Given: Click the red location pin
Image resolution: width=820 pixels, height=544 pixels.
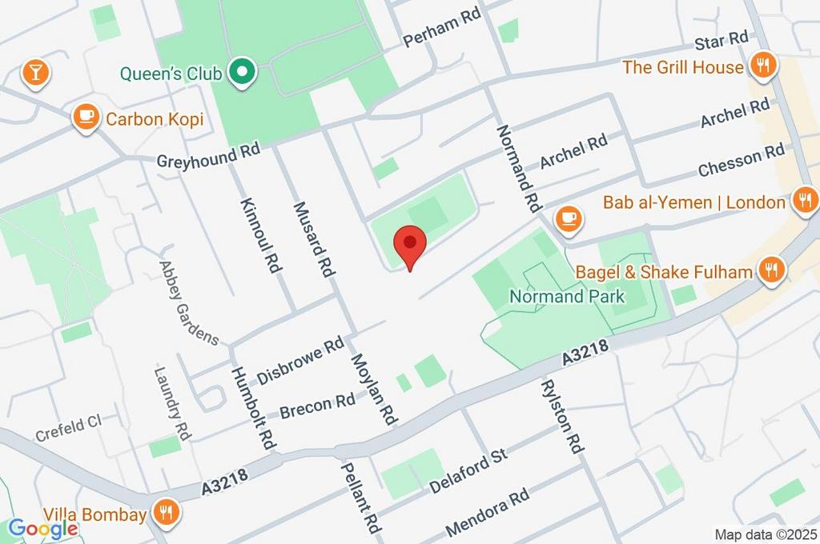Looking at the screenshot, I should [411, 245].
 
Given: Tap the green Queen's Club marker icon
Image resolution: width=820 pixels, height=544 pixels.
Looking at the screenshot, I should [240, 74].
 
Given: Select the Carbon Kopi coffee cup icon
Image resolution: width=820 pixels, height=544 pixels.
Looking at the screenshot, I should [85, 118].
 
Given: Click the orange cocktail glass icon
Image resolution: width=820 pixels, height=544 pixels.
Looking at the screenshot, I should [35, 72].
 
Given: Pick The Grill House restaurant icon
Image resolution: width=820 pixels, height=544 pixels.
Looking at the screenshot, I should [764, 66].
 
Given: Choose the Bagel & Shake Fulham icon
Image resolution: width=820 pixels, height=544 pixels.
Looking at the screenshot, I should [771, 270].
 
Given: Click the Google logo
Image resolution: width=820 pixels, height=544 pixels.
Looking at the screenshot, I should [43, 527].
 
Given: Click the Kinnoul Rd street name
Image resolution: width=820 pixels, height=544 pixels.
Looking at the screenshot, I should [260, 235].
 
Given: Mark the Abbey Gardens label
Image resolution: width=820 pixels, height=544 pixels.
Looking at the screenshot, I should [188, 303].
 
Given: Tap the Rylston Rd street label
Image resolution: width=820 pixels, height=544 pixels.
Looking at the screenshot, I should [561, 416].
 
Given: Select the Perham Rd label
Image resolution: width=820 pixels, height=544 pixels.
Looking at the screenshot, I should [442, 30].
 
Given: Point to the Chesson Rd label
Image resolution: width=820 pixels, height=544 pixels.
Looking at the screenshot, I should [741, 160].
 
